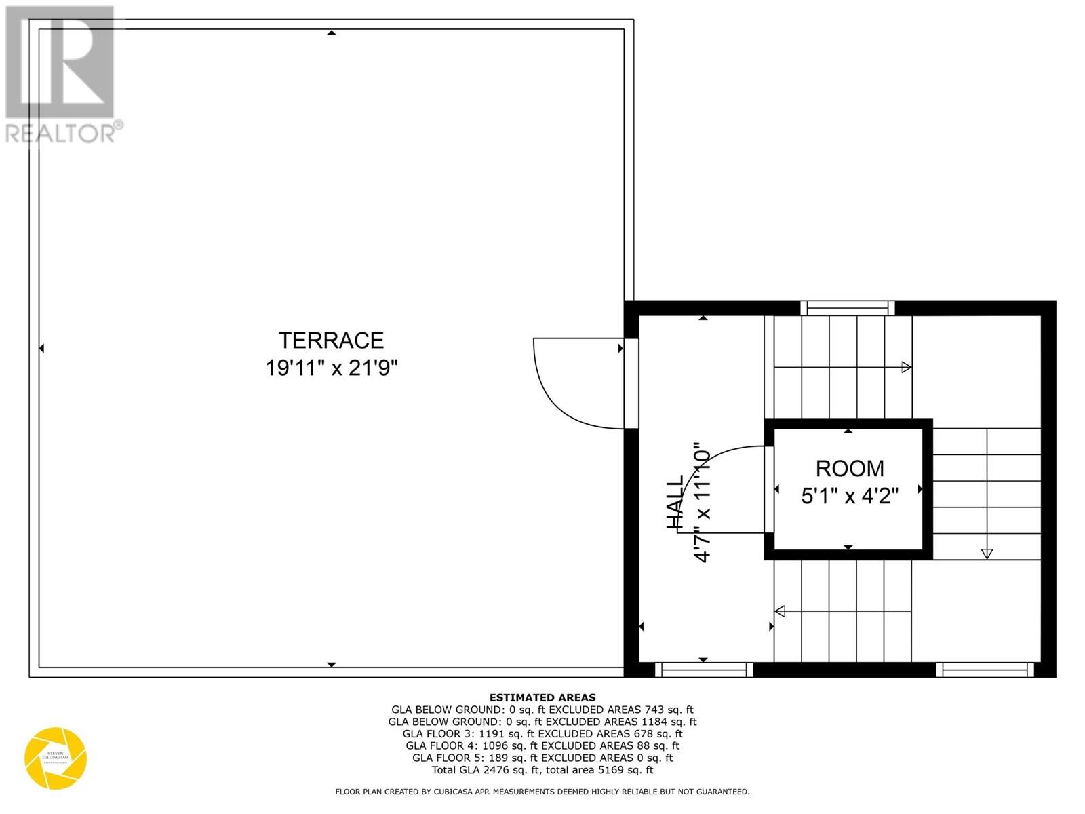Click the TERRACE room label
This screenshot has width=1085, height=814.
click(x=331, y=340)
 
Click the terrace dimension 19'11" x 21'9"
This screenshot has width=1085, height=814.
click(x=331, y=368)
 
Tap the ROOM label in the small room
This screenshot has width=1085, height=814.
click(x=849, y=469)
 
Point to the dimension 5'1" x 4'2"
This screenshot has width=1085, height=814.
click(x=849, y=497)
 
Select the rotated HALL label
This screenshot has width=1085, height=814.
click(x=675, y=503)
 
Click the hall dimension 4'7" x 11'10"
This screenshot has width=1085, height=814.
click(x=702, y=503)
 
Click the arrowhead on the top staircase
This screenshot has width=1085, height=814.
click(x=906, y=368)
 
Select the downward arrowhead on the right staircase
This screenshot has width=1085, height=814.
click(x=987, y=554)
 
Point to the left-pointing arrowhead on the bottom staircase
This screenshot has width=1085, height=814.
click(x=780, y=611)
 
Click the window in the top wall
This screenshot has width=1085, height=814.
click(x=847, y=308)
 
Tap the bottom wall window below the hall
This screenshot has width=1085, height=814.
click(x=704, y=670)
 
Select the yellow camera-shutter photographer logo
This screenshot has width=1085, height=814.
click(x=56, y=758)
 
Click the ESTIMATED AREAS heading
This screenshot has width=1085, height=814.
click(x=542, y=697)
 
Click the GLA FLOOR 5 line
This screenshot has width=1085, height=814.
click(x=542, y=758)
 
